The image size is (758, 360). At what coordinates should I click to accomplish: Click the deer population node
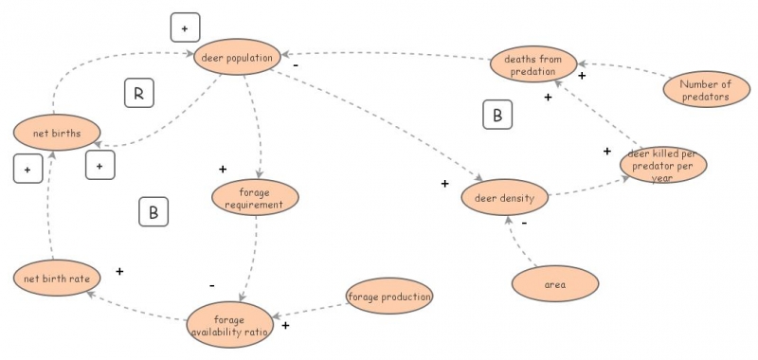coord(238,58)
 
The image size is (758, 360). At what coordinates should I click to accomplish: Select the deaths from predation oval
coord(532,64)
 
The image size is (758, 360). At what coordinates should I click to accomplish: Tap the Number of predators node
coord(704,90)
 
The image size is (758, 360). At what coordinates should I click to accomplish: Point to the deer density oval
coord(504,199)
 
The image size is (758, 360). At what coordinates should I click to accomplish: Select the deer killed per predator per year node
coord(663,164)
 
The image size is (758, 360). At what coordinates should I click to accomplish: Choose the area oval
coord(555,283)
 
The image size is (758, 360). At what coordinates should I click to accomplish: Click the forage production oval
coord(389,297)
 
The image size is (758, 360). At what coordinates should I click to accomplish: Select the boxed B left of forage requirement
coord(153,212)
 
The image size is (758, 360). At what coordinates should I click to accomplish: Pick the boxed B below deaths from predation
coord(497,115)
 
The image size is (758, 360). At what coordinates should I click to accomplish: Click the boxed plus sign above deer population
coord(185,28)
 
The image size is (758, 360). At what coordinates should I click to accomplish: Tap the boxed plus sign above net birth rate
coord(27,170)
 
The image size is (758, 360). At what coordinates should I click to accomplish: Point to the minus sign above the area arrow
coord(524,225)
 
